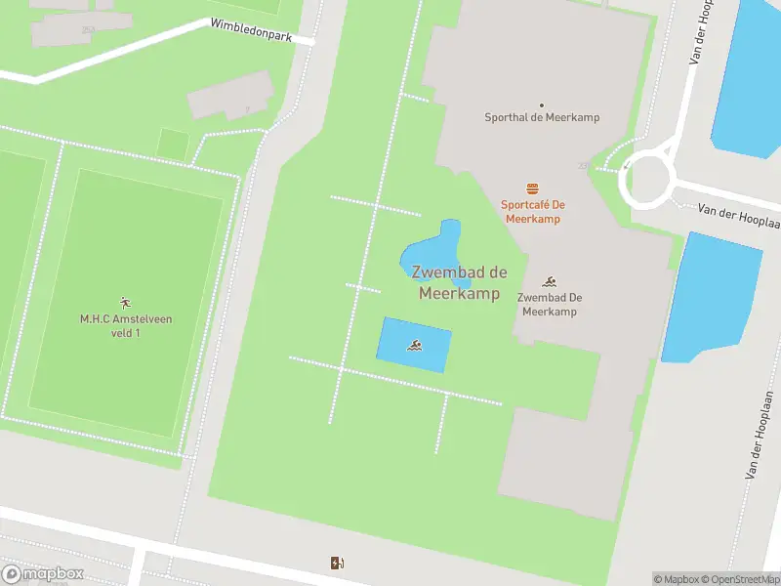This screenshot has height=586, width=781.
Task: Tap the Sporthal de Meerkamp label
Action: (542, 117)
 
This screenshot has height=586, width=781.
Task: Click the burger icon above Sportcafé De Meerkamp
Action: (532, 188)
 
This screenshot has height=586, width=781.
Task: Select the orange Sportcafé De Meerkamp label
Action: (532, 211)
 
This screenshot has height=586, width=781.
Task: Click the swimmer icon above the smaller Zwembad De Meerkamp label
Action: (550, 280)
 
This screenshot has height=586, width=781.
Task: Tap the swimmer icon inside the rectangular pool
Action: (416, 346)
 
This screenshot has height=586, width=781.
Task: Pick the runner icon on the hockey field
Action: (124, 302)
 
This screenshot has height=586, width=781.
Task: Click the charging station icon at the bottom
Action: (337, 563)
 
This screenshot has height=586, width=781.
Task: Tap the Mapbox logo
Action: (43, 573)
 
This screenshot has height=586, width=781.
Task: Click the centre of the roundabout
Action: (647, 179)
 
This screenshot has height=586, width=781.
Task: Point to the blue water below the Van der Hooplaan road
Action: (712, 294)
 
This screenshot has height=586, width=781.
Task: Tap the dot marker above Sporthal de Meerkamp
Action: (542, 105)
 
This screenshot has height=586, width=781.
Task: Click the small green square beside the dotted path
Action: (173, 143)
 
